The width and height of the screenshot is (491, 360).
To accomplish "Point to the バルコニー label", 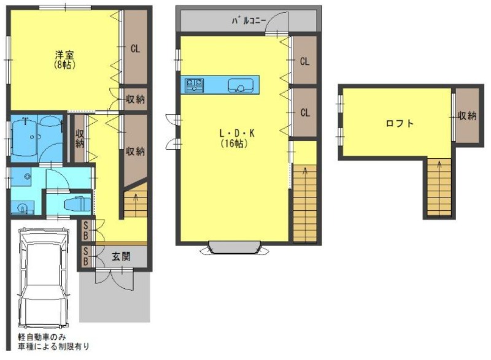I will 249,21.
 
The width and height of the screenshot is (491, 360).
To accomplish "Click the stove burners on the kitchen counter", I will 195,85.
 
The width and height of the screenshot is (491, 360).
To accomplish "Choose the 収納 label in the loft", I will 467,115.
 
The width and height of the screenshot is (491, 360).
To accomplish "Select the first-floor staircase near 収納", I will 135,203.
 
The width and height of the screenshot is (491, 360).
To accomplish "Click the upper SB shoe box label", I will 85,229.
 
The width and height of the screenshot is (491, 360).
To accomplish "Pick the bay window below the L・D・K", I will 235,248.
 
